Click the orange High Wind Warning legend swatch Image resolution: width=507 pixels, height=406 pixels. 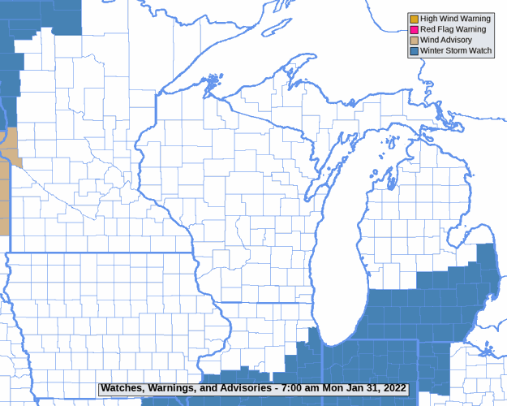414,19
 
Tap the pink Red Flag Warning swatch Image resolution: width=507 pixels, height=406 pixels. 414,29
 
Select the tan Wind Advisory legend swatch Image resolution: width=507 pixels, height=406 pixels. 414,40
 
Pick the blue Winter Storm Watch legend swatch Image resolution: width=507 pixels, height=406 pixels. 414,50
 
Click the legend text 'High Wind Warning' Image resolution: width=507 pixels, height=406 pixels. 456,19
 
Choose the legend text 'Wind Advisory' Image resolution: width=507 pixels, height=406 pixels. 447,40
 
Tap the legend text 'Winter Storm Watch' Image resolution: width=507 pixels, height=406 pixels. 456,50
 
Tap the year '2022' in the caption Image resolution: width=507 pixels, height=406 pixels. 392,388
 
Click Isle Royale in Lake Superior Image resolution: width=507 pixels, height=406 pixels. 212,82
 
